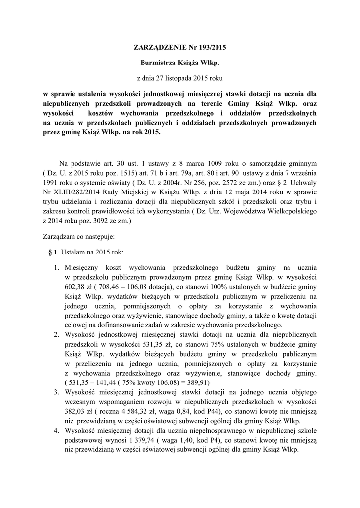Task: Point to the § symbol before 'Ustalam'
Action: coord(50,252)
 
